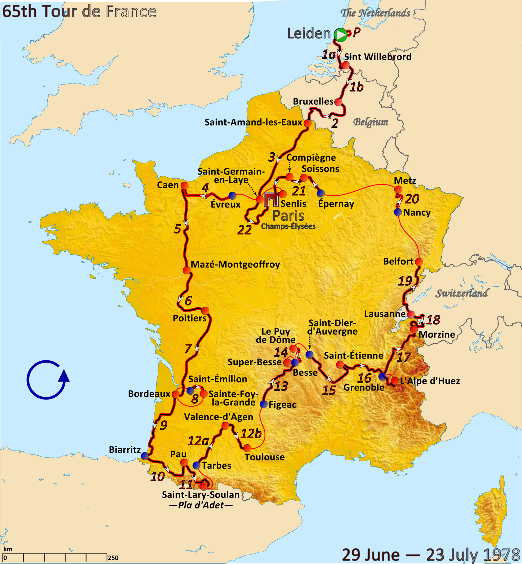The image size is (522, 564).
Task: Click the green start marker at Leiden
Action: [x=341, y=35]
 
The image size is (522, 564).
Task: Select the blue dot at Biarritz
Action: [x=145, y=456]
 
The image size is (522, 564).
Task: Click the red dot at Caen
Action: [x=184, y=186]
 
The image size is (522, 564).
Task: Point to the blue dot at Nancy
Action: [x=398, y=212]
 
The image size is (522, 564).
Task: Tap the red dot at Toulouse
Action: [x=247, y=448]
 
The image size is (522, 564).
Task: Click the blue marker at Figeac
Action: [x=263, y=404]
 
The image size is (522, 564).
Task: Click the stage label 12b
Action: [x=251, y=434]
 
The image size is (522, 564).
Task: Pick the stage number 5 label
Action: [x=177, y=229]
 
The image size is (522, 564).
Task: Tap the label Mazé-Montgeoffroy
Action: [x=235, y=265]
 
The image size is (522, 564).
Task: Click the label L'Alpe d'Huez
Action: [x=430, y=381]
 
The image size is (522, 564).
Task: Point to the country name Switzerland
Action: [x=461, y=294]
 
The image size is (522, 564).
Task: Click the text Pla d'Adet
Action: [x=201, y=505]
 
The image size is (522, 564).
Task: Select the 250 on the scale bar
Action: [x=113, y=558]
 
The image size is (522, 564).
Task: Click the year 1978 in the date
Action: [x=502, y=555]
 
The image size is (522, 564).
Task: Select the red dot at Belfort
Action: [x=419, y=262]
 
